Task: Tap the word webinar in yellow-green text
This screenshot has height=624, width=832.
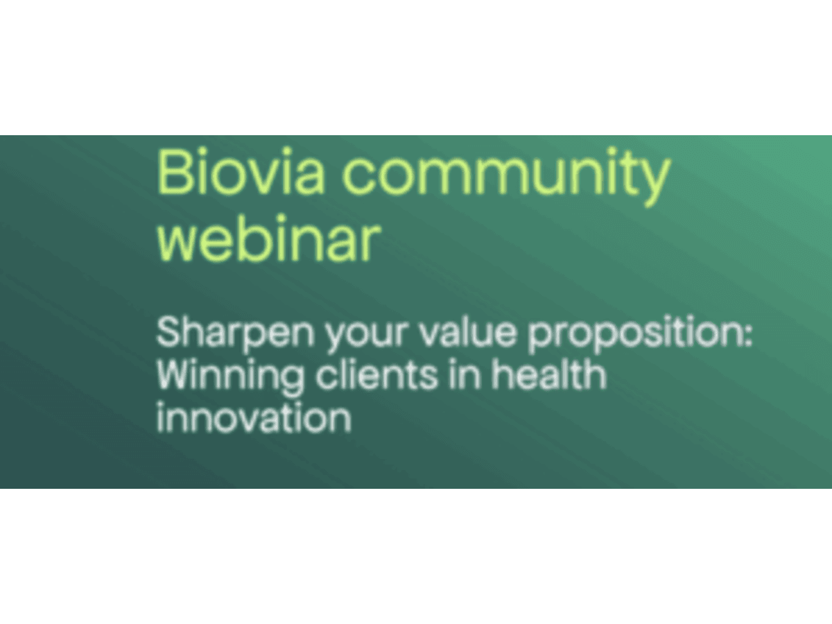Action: point(269,239)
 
